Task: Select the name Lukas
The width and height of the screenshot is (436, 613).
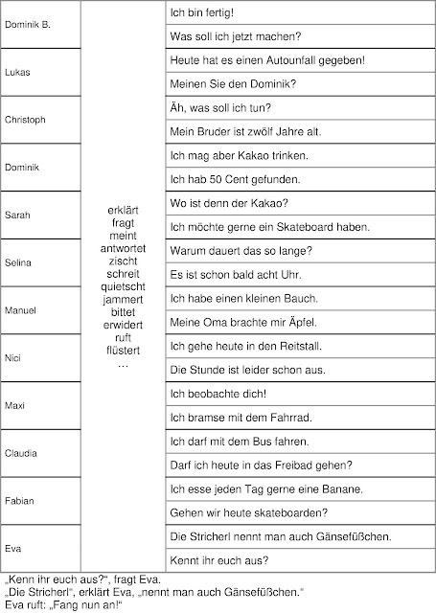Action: [x=17, y=72]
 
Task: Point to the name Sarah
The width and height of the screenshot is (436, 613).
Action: [x=17, y=215]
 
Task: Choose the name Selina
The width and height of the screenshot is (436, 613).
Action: [x=19, y=261]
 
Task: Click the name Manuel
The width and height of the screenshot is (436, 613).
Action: [x=21, y=310]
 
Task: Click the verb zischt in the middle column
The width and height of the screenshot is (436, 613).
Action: [x=122, y=261]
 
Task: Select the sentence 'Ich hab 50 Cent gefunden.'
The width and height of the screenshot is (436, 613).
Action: [x=221, y=179]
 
